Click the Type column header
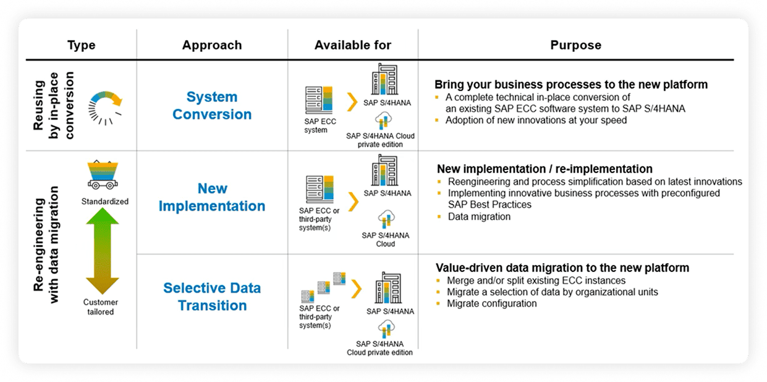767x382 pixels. click(81, 45)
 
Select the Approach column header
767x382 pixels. click(212, 45)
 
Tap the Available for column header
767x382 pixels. click(352, 45)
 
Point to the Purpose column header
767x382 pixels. click(575, 45)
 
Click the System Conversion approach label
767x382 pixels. click(212, 106)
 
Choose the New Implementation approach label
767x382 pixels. click(212, 197)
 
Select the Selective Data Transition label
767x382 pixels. click(212, 297)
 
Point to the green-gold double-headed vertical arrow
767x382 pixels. click(102, 251)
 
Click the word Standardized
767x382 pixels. click(105, 202)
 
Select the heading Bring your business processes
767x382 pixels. click(571, 85)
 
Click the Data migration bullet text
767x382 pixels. click(479, 217)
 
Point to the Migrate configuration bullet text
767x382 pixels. click(492, 303)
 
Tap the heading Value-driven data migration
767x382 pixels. click(562, 268)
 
